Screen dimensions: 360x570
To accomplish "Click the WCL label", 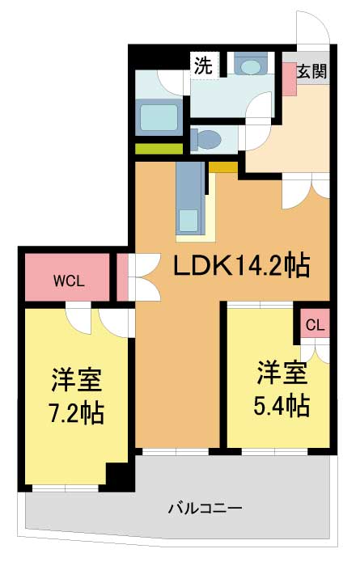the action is click(x=69, y=281).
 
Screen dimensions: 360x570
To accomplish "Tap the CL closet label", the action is click(x=315, y=325).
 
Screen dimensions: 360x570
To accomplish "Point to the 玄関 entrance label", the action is click(x=312, y=71).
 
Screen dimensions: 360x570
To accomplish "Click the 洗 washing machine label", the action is click(x=203, y=65).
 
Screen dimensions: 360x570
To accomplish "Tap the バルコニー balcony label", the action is click(x=205, y=508).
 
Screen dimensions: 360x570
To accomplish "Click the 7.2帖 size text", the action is click(x=77, y=412).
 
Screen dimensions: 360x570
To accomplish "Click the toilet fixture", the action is click(x=206, y=139).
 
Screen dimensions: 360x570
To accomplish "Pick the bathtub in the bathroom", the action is click(x=159, y=117).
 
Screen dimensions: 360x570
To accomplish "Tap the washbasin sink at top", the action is click(x=251, y=65).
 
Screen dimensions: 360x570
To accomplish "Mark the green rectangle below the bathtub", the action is click(x=159, y=148).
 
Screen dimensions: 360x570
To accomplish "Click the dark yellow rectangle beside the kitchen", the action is click(x=223, y=167).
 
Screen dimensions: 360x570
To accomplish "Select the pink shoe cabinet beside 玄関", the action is click(x=290, y=79).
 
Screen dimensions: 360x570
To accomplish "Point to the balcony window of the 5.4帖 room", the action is click(x=274, y=452).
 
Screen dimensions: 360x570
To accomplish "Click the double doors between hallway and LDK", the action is click(x=306, y=191).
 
